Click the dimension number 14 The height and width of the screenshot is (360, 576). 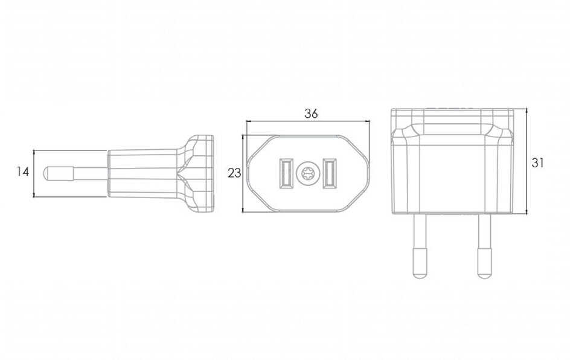click(23, 172)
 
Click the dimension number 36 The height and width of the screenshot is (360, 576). click(311, 114)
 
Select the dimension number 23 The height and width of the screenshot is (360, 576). click(234, 173)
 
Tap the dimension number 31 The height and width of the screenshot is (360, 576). click(537, 162)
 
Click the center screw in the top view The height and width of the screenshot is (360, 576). click(307, 173)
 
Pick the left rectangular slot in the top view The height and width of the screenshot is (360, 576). click(286, 173)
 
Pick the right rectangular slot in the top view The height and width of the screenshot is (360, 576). click(330, 173)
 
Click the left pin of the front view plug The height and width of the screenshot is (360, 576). click(420, 245)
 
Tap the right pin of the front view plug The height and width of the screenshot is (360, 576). click(485, 245)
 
